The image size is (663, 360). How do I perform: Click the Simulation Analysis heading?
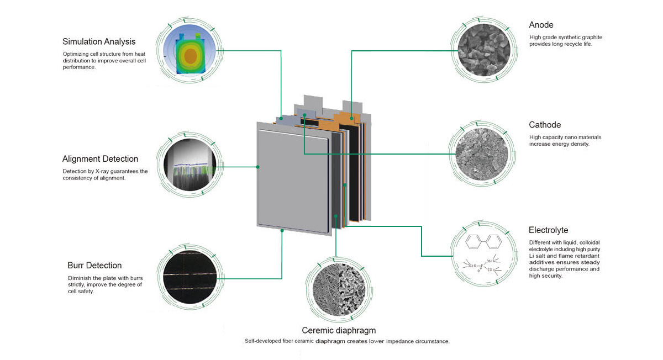(x=99, y=42)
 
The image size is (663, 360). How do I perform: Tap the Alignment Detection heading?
(x=100, y=159)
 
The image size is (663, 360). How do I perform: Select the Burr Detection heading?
(x=94, y=266)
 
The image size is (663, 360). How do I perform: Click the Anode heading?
(x=541, y=25)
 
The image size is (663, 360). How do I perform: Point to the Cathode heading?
(x=545, y=125)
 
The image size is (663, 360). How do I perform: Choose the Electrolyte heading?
(x=548, y=230)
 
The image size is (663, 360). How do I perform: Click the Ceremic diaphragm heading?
(x=339, y=330)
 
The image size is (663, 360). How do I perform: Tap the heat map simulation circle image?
(x=190, y=51)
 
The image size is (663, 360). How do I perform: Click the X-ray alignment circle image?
(x=190, y=165)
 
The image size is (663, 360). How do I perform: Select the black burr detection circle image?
(x=190, y=277)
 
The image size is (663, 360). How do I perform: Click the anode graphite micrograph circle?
(x=484, y=50)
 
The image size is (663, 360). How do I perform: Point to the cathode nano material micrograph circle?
(x=482, y=154)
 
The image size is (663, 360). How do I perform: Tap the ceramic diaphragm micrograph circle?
(x=339, y=290)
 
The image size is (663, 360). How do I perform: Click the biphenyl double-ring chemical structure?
(x=483, y=242)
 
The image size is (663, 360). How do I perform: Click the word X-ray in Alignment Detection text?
(x=102, y=171)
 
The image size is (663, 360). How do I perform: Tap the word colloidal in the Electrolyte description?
(x=590, y=242)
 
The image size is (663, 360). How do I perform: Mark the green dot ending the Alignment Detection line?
(x=258, y=167)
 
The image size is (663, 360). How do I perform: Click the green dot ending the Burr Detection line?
(x=282, y=230)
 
